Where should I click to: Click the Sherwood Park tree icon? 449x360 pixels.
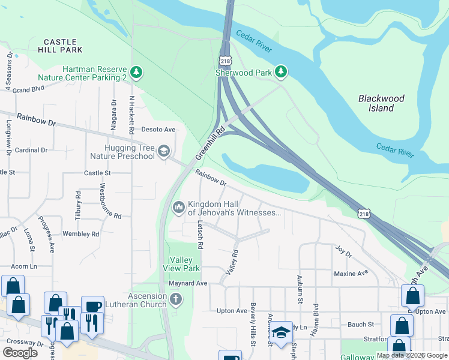pyautogui.click(x=281, y=73)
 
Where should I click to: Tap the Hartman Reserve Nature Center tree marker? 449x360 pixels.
pyautogui.click(x=137, y=73)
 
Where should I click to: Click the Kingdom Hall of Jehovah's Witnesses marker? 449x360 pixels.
pyautogui.click(x=178, y=208)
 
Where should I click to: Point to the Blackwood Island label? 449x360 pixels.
pyautogui.click(x=381, y=103)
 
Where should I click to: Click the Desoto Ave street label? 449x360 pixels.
pyautogui.click(x=158, y=129)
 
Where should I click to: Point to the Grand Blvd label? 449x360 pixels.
pyautogui.click(x=29, y=89)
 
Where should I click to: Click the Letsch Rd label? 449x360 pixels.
pyautogui.click(x=200, y=235)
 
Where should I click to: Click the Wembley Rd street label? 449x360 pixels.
pyautogui.click(x=80, y=233)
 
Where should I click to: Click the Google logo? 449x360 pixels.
pyautogui.click(x=20, y=353)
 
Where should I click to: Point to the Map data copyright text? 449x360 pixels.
pyautogui.click(x=412, y=355)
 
